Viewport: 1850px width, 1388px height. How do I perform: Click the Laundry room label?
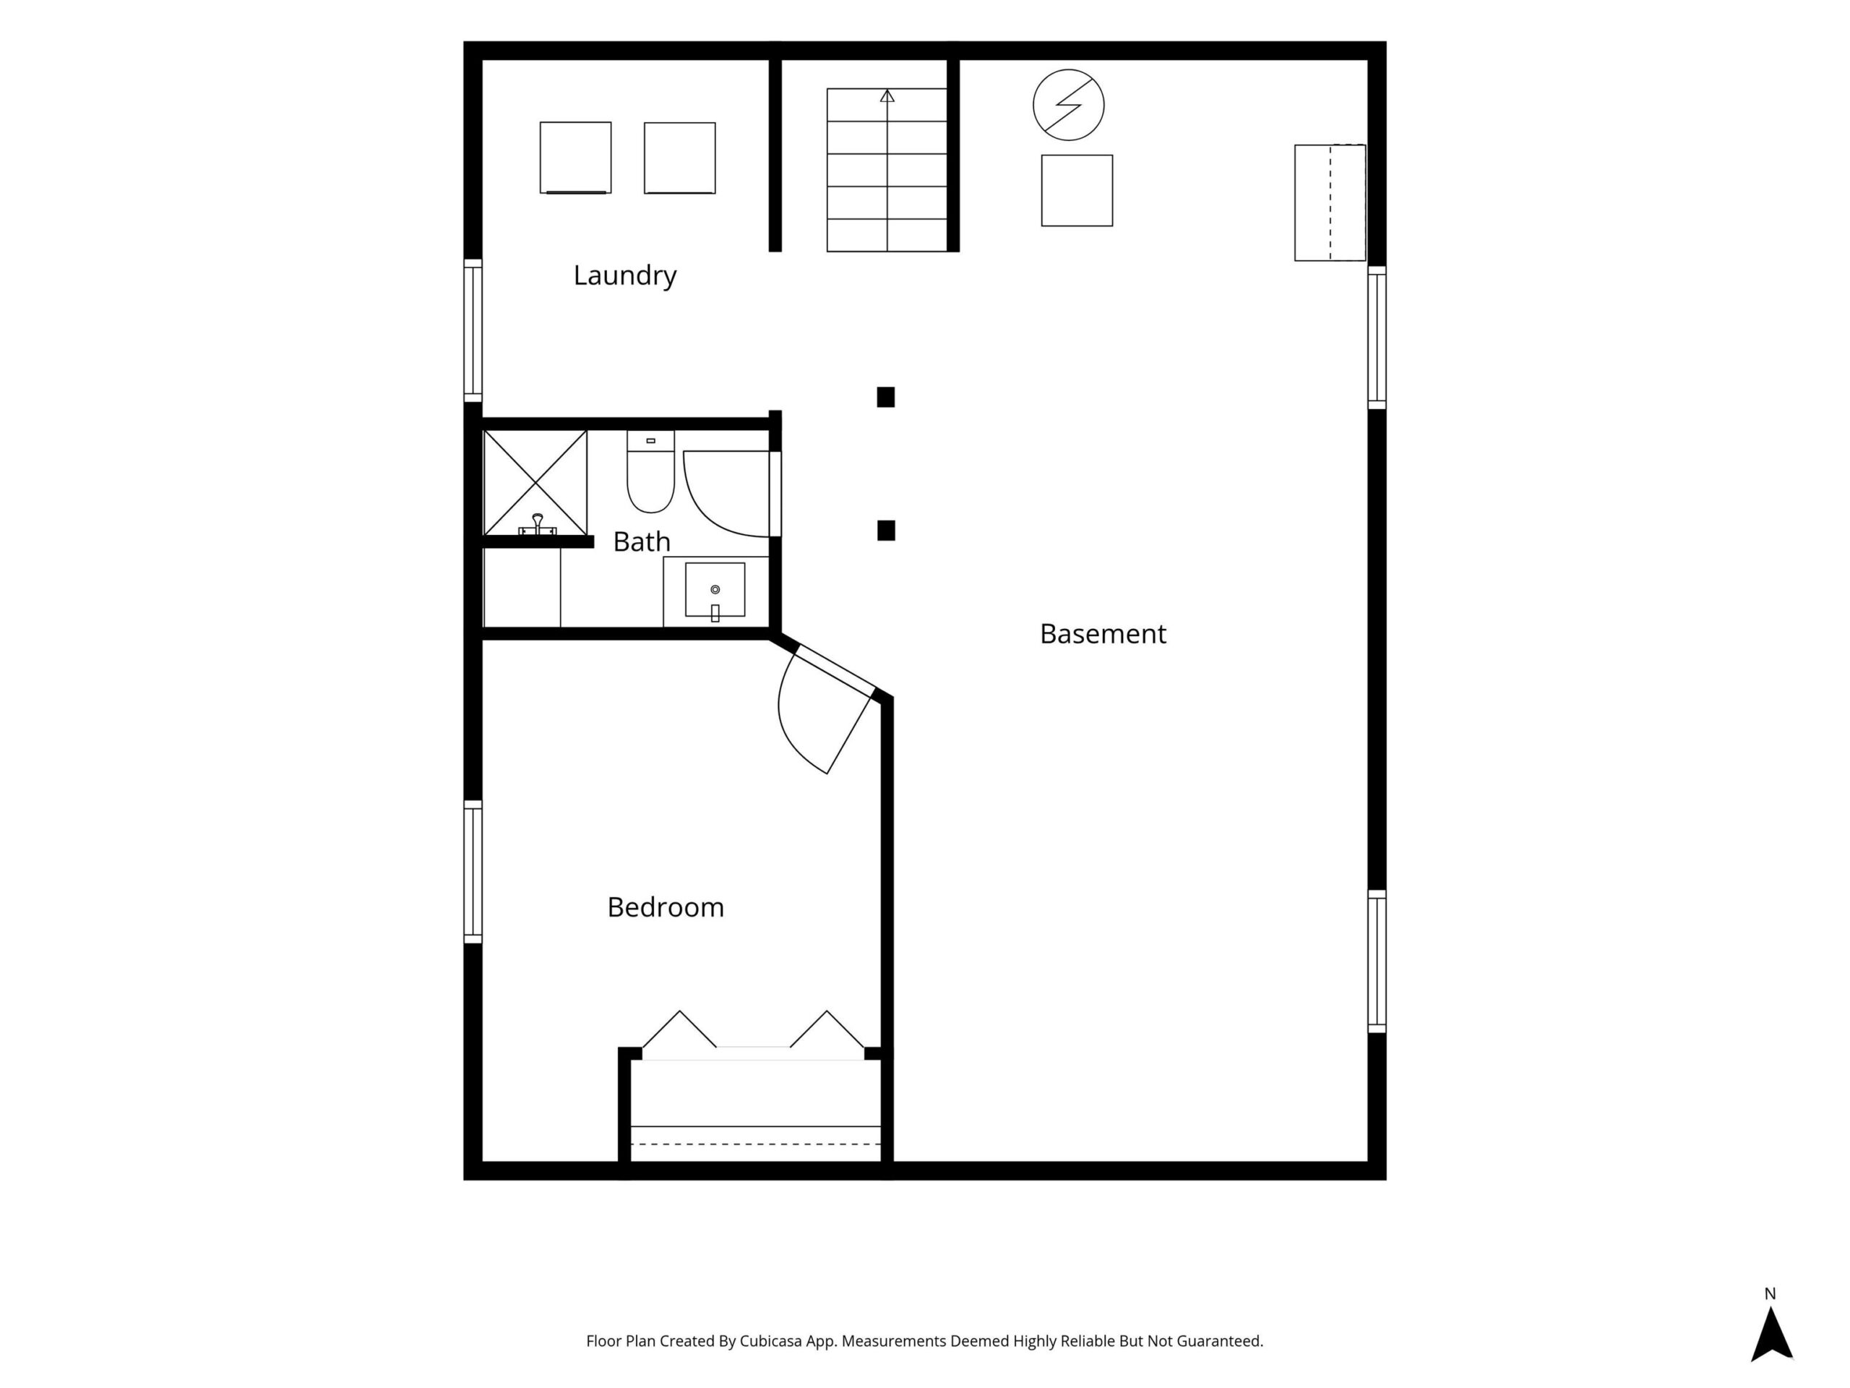[625, 275]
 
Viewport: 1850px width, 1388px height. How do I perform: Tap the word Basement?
[1102, 634]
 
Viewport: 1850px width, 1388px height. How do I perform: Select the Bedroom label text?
[666, 907]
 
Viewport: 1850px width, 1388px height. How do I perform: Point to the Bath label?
[642, 542]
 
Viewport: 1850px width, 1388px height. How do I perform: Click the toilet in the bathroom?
[650, 471]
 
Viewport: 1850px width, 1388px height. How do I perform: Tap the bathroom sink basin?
[715, 590]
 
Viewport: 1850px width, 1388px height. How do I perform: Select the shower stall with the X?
[535, 483]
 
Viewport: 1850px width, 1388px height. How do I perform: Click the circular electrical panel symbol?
[1068, 105]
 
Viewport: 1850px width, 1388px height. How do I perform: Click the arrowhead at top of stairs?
[887, 96]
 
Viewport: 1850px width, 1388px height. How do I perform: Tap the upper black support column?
[886, 397]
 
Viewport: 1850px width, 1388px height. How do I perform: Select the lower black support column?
[886, 531]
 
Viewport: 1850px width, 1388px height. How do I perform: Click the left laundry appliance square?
[575, 158]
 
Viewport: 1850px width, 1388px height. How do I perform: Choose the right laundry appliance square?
[679, 158]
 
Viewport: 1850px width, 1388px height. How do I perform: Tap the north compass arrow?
[1771, 1335]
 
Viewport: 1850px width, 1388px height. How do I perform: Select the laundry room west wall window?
[473, 330]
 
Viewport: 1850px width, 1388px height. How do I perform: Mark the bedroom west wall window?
[473, 872]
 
